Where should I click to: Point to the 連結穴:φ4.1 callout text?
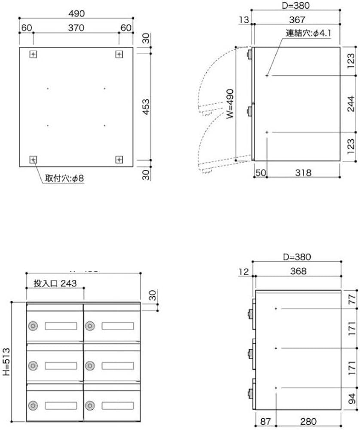(308, 33)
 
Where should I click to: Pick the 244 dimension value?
(351, 103)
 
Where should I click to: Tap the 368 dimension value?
(298, 271)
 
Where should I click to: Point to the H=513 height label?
(6, 361)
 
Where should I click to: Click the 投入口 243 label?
(55, 283)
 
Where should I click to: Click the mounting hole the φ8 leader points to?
(33, 160)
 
